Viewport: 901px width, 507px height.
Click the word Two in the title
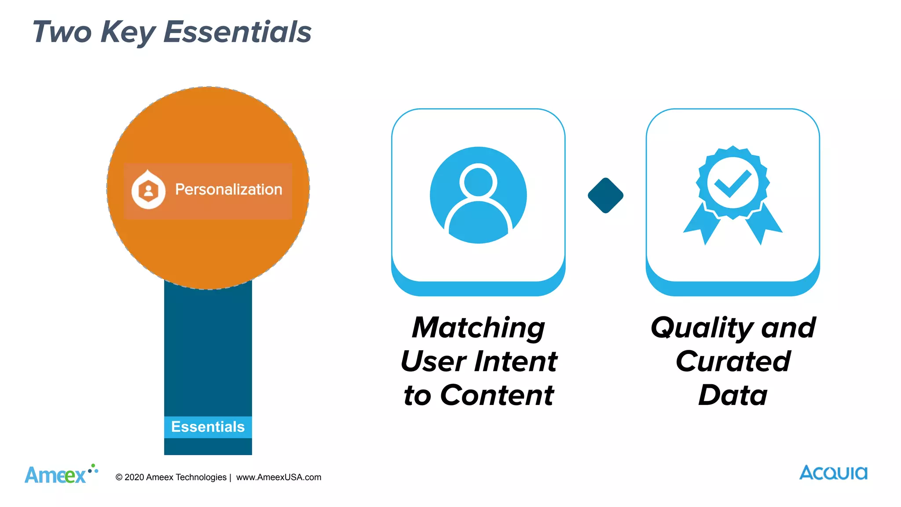[62, 32]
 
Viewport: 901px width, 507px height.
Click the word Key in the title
[128, 33]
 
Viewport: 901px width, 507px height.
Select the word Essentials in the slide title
[237, 32]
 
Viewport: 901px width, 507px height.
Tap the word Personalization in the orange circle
[228, 190]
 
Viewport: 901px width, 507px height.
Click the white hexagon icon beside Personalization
[149, 190]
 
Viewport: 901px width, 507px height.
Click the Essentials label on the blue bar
[208, 426]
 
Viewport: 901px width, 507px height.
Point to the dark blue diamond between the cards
[605, 195]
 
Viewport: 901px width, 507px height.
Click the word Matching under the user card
[478, 328]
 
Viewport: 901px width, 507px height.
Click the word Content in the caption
[497, 395]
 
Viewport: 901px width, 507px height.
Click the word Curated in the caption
[733, 362]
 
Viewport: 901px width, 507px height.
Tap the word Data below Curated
[733, 395]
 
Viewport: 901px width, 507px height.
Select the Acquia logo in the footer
[833, 473]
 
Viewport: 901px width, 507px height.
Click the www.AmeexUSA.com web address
[278, 478]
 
